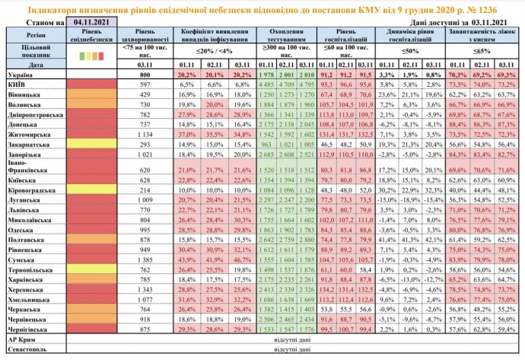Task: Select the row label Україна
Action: [x=21, y=75]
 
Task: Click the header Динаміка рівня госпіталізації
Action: [x=412, y=35]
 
